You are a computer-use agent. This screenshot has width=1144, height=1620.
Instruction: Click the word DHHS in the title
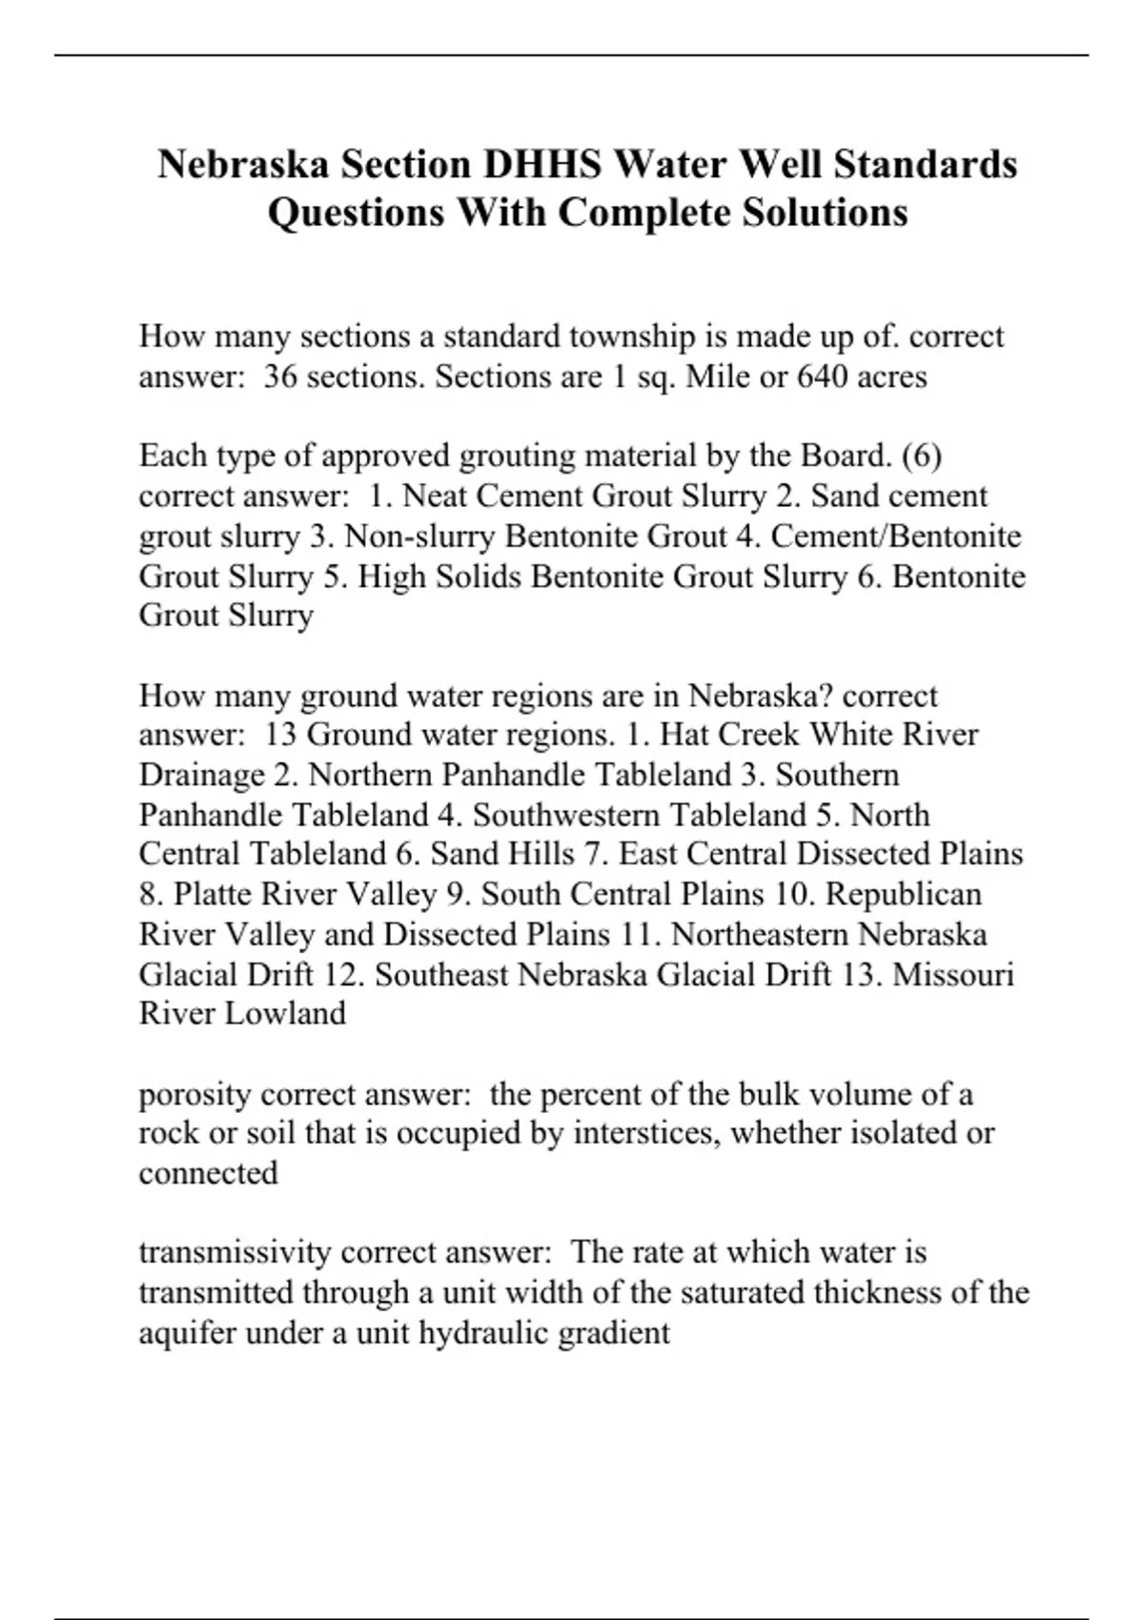tap(541, 164)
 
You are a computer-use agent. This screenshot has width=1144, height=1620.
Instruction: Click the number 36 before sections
tap(281, 376)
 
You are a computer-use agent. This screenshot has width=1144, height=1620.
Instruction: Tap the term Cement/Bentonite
tap(896, 537)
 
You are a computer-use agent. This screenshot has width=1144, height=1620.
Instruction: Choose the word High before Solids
tap(391, 577)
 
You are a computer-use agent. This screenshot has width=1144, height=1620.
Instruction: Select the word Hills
tap(541, 854)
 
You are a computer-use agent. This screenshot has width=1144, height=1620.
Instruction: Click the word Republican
tap(904, 894)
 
